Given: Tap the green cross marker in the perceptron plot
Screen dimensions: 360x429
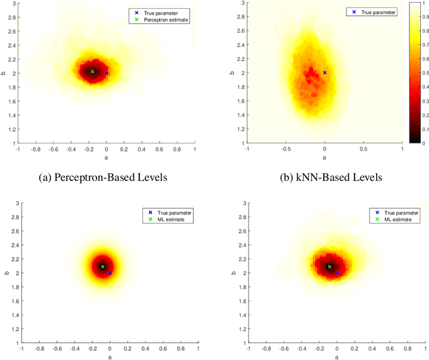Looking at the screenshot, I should point(93,71).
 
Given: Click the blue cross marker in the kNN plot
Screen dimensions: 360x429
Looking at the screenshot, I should point(324,72).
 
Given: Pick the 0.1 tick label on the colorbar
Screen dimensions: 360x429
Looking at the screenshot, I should point(420,128).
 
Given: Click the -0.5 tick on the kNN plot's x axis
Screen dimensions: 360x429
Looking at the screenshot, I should point(286,149).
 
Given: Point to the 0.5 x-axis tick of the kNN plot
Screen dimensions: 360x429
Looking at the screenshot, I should point(363,149).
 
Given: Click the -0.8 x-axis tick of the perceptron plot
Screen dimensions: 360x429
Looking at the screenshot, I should point(38,149).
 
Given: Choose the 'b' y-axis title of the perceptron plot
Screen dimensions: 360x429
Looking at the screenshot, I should point(4,72).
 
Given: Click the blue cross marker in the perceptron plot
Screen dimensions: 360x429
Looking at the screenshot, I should point(107,73).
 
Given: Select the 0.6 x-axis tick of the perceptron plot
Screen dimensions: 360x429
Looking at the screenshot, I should point(160,149).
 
